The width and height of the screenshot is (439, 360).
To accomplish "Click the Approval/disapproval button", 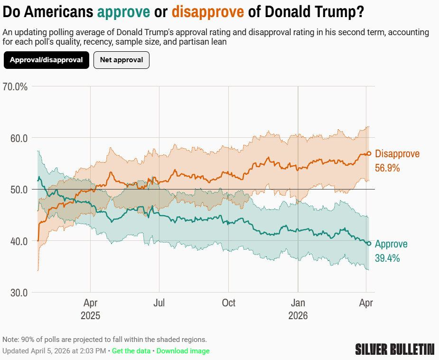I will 46,60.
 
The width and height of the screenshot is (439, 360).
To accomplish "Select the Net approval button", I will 121,60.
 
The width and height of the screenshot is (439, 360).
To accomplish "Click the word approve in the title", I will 124,12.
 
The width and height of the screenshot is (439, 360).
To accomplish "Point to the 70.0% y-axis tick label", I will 15,87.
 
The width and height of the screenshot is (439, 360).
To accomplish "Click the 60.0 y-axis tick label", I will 19,138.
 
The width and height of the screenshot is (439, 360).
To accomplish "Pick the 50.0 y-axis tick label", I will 19,189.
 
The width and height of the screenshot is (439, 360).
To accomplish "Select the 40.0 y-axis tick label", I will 19,241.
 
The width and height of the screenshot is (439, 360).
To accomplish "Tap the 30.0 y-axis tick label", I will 19,293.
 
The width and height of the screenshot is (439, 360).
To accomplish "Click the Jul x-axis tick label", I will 159,303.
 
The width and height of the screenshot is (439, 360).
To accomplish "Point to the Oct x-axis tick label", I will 229,303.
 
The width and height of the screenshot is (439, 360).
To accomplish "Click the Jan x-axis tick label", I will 298,303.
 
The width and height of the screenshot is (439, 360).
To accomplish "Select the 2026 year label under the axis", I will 298,316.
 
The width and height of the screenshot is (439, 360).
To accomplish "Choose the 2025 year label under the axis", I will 90,316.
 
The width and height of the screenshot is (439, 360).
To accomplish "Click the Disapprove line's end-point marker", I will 369,153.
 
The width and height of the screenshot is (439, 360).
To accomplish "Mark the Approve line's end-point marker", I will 369,244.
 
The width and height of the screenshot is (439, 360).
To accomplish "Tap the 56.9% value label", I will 387,168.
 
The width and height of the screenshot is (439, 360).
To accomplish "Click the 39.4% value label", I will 387,258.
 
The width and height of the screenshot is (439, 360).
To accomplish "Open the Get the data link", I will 131,351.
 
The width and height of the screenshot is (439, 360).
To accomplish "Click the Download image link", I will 183,351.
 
